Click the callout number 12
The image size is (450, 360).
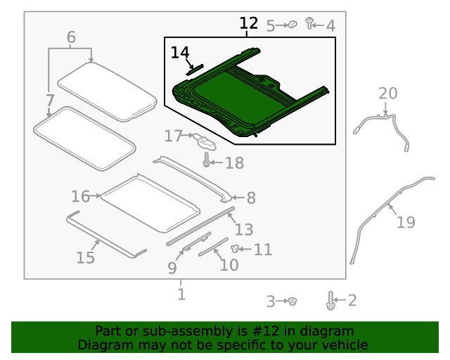(248, 24)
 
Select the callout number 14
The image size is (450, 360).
(180, 53)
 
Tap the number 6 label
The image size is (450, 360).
(71, 37)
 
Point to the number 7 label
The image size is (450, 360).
(50, 100)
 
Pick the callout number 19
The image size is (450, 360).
(406, 223)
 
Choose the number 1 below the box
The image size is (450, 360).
(181, 295)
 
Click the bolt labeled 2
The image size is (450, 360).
(330, 301)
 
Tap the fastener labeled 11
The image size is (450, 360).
(237, 248)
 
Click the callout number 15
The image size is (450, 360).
(85, 258)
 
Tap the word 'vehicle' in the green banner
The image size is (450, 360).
(344, 345)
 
